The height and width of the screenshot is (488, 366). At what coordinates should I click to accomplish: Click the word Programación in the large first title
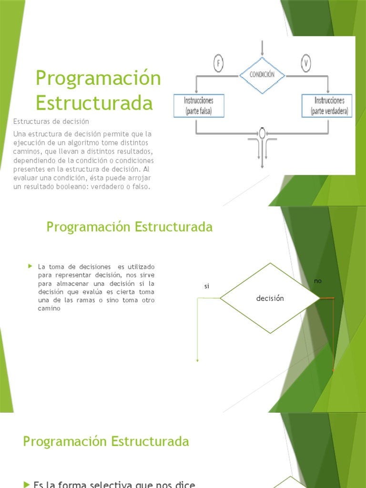pyautogui.click(x=99, y=78)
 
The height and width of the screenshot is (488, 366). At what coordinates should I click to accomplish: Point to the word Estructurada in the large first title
pyautogui.click(x=94, y=103)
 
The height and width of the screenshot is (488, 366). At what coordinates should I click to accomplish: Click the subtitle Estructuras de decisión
pyautogui.click(x=51, y=122)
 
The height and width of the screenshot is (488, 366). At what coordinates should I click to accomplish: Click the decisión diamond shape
pyautogui.click(x=270, y=298)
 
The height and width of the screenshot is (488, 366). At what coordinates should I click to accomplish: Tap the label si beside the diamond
pyautogui.click(x=207, y=286)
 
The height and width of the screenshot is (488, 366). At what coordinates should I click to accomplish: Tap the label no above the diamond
pyautogui.click(x=318, y=281)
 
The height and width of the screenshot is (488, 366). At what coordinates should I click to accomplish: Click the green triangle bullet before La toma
pyautogui.click(x=30, y=265)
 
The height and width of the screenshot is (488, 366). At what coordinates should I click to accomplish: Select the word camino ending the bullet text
pyautogui.click(x=49, y=308)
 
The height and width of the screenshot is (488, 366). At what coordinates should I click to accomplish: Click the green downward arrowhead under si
pyautogui.click(x=197, y=360)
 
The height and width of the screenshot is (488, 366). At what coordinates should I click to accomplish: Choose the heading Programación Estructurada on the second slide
pyautogui.click(x=129, y=227)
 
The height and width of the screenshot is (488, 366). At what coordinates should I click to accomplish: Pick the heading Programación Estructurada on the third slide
pyautogui.click(x=106, y=441)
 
